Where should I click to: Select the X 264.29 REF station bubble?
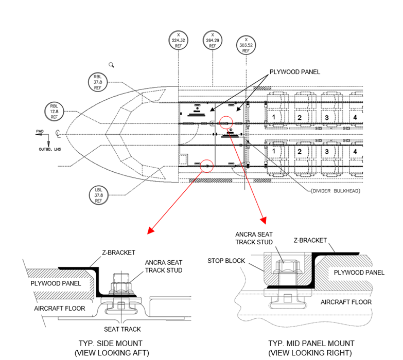(212, 40)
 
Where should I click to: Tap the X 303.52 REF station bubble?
(246, 45)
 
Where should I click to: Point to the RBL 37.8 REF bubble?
(98, 82)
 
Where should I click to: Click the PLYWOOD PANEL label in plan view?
(294, 72)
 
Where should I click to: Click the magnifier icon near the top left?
(111, 65)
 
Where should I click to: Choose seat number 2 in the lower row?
(299, 153)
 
